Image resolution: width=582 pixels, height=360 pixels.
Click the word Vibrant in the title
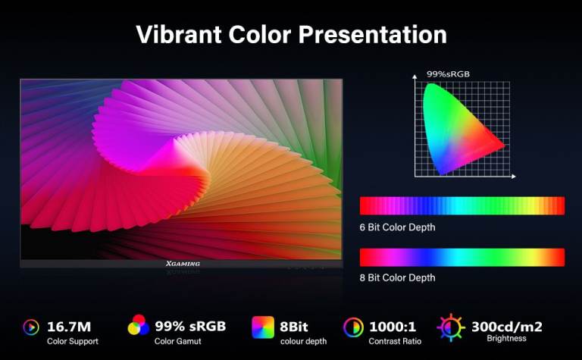(179, 34)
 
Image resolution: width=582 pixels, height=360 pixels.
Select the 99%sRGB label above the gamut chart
(448, 74)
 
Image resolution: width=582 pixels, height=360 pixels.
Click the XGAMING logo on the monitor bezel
(183, 264)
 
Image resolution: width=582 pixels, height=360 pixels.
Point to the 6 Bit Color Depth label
(397, 227)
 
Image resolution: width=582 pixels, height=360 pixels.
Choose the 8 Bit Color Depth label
(397, 277)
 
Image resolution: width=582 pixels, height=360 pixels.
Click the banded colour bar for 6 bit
(462, 205)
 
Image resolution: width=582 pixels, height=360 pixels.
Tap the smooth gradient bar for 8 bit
(462, 257)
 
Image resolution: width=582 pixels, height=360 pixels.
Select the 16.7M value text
(69, 327)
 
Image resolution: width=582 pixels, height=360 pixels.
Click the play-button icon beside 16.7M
(31, 327)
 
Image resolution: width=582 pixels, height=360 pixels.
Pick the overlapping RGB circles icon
(139, 324)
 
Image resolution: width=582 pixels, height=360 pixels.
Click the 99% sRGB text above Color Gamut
(190, 326)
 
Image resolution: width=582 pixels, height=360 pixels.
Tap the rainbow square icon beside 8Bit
(263, 327)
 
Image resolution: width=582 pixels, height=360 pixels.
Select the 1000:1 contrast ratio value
(393, 327)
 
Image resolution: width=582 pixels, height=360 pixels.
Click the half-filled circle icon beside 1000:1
(353, 327)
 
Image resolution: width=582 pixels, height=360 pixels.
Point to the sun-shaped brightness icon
(451, 327)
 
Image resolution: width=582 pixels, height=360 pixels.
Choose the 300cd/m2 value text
(507, 327)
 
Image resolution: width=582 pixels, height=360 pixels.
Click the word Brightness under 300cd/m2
(506, 338)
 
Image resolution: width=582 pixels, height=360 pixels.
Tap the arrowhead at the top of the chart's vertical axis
(415, 76)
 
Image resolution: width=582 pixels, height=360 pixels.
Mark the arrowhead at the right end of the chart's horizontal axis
(514, 177)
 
